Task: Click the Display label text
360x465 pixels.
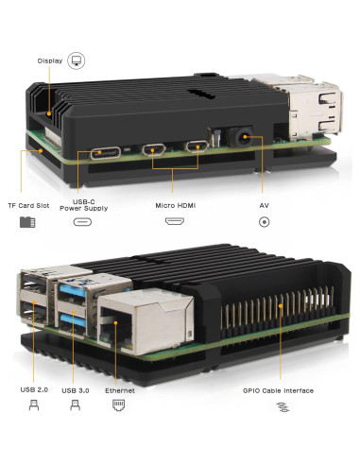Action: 50,60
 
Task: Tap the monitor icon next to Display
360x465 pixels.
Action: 77,60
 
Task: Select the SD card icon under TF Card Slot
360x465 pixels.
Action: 26,222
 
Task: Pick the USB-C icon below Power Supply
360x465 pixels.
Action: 83,222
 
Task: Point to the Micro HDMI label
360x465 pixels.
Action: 174,204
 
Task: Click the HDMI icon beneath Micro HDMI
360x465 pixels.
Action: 174,222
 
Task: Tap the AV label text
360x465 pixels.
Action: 264,204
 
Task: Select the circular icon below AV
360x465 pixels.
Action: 264,222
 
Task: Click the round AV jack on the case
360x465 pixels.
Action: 249,138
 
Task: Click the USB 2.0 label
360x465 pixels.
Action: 34,390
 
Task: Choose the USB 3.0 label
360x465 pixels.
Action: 76,390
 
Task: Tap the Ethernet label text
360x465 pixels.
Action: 118,390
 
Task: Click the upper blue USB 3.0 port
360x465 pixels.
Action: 76,296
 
